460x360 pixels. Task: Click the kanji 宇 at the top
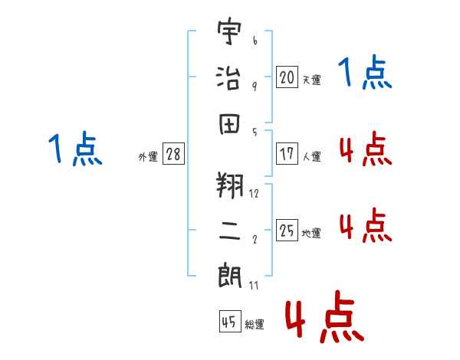pyautogui.click(x=230, y=33)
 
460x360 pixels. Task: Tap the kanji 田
pyautogui.click(x=230, y=123)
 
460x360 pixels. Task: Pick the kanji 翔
pyautogui.click(x=230, y=185)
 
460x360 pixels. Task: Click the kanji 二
pyautogui.click(x=230, y=231)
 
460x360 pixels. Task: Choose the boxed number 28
pyautogui.click(x=173, y=154)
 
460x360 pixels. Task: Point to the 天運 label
pyautogui.click(x=311, y=79)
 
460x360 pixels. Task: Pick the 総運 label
pyautogui.click(x=255, y=324)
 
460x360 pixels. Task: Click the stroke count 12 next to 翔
pyautogui.click(x=255, y=193)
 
